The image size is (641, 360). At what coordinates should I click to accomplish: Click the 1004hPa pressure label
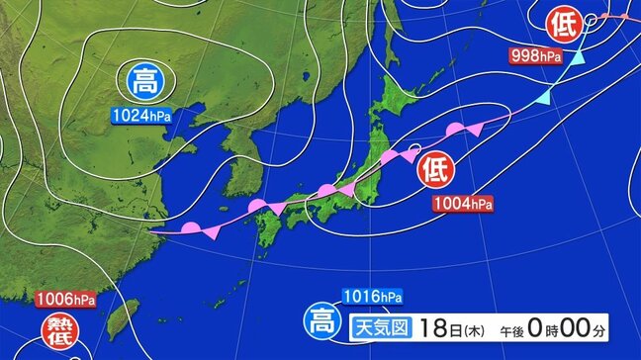coord(461,205)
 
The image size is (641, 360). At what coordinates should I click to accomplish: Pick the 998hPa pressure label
coord(536,56)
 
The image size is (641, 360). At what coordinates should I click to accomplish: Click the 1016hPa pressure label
coord(372,296)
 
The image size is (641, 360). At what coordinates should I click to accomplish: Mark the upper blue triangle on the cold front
coord(576,61)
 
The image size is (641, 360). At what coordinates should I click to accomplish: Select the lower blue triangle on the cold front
coord(543,98)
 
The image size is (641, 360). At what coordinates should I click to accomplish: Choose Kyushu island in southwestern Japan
coord(268,227)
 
